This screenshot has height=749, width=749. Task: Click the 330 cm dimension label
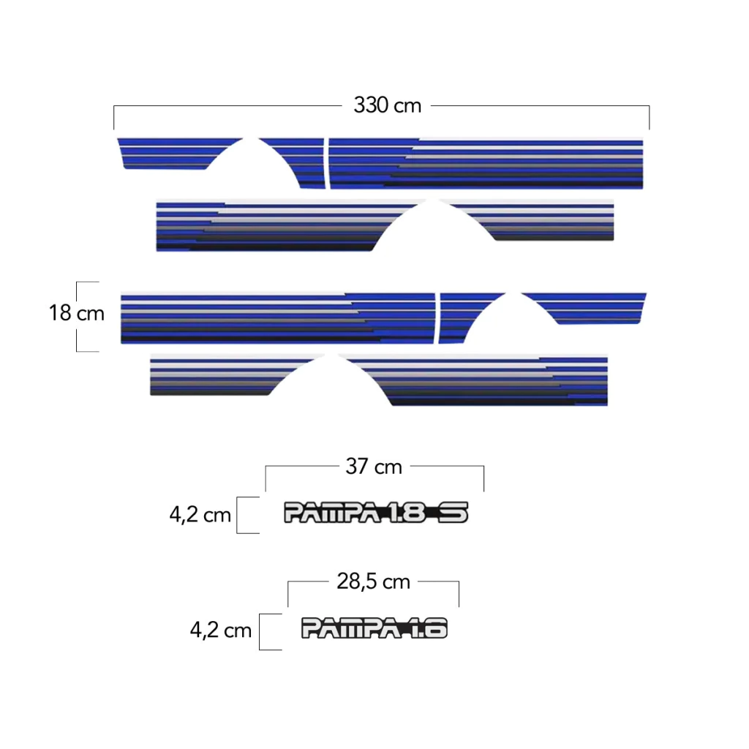point(388,105)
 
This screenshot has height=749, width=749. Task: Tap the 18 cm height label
point(76,313)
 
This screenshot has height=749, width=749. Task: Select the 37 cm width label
point(374,466)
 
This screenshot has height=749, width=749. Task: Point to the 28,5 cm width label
point(374,581)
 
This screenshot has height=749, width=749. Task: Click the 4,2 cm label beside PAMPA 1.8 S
point(200,515)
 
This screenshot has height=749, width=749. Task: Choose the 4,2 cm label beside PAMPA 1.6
point(221,630)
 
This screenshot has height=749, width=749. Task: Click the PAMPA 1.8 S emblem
point(376,513)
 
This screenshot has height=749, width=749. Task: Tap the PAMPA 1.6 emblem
point(374,628)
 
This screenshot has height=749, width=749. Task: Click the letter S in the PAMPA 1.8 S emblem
point(453,513)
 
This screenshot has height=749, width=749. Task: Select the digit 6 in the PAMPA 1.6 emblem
point(436,628)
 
